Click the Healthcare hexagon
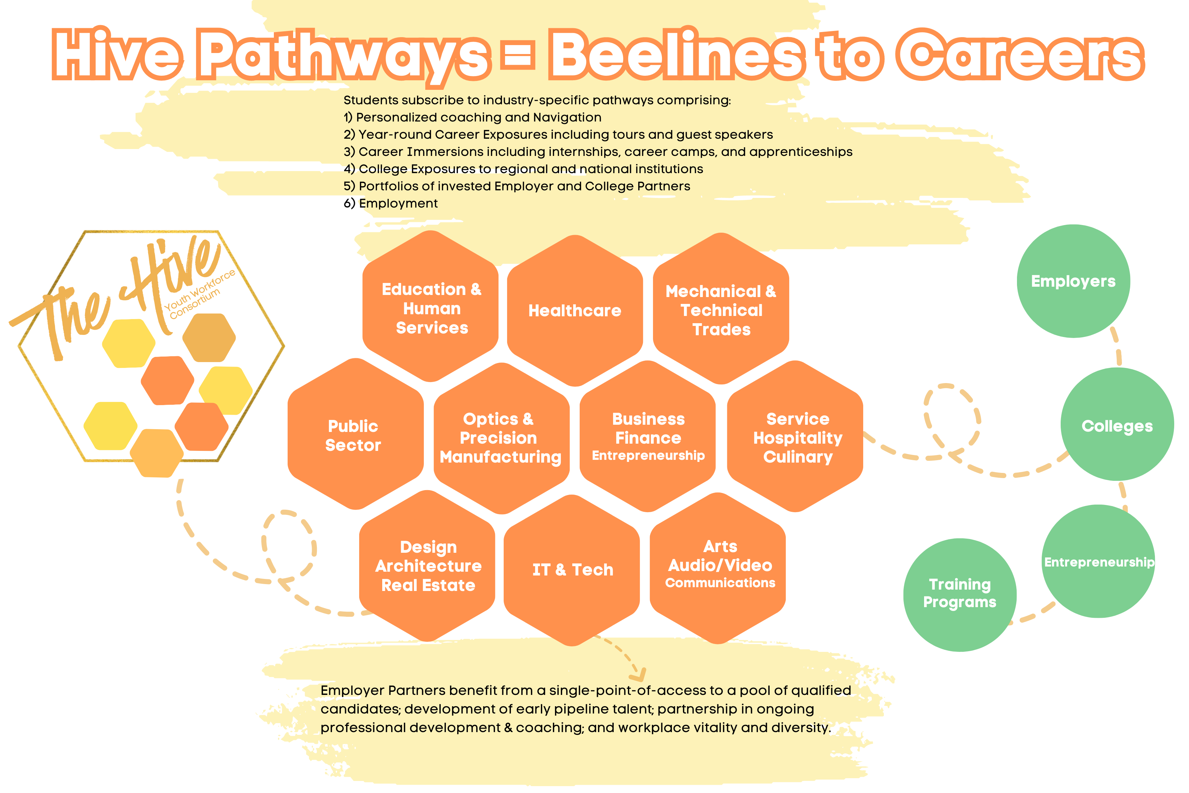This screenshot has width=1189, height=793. (575, 310)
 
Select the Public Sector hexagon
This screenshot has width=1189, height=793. (355, 434)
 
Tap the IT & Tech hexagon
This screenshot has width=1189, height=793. (572, 570)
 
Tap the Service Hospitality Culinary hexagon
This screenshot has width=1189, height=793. (795, 436)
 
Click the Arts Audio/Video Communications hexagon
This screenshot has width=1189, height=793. (718, 568)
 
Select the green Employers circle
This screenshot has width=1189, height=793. (1073, 281)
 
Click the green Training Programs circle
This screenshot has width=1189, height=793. (960, 595)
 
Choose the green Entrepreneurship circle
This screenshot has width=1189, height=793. (1099, 561)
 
